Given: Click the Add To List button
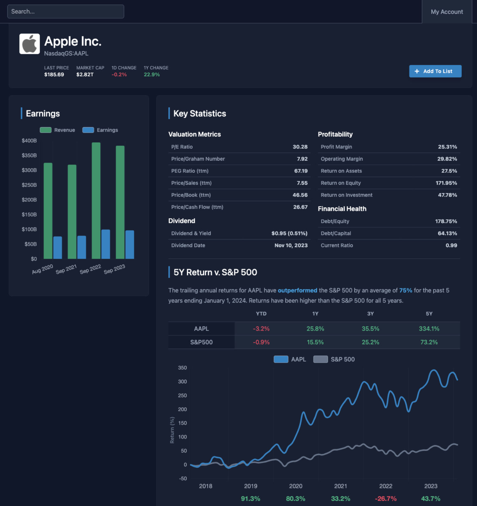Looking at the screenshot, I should [x=435, y=71].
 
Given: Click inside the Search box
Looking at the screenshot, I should [x=66, y=11].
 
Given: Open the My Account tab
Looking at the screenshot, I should [x=446, y=12].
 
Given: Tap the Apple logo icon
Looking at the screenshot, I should [x=30, y=44].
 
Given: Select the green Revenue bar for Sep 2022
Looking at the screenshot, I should [x=96, y=200].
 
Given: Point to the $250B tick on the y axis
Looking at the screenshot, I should [x=29, y=185].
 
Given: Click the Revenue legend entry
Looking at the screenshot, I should [x=58, y=130].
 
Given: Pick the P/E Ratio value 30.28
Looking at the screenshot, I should [x=300, y=147].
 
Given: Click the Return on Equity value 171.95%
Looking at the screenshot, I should [x=446, y=183].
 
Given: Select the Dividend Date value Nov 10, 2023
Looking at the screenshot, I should [x=291, y=245].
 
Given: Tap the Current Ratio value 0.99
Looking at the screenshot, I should [x=451, y=245].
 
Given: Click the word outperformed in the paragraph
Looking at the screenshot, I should [x=297, y=290].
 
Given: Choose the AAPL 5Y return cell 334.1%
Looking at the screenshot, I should [x=429, y=329].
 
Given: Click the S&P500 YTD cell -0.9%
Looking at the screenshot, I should [x=261, y=342].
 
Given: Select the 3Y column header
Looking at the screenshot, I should [x=370, y=314].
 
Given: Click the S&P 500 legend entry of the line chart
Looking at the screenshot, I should [x=334, y=359].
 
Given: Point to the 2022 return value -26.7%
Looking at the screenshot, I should [x=385, y=498].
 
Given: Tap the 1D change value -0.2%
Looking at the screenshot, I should [x=119, y=74].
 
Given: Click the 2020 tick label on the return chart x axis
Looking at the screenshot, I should [x=295, y=486].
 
